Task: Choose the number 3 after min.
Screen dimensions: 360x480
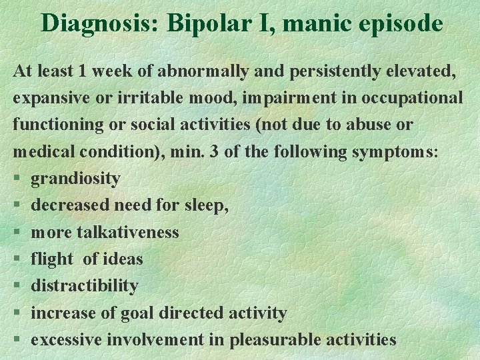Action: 214,152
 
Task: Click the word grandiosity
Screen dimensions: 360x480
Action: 75,179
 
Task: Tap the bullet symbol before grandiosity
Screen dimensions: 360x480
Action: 16,179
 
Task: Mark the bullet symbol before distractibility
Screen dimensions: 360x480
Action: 16,286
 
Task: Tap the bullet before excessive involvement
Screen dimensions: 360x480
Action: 16,339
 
